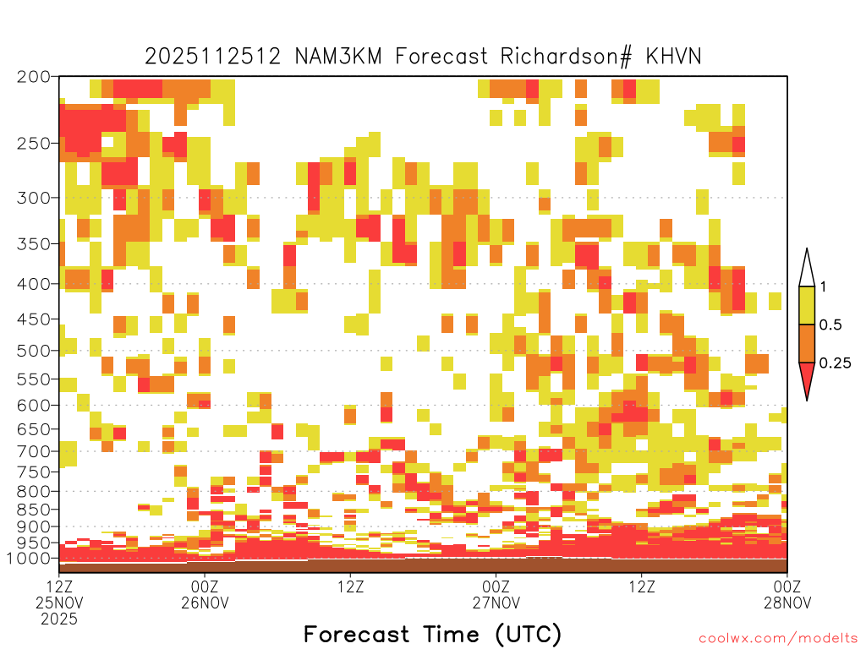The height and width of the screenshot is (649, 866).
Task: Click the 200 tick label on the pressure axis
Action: tap(34, 77)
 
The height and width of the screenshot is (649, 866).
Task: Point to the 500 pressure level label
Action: tap(34, 351)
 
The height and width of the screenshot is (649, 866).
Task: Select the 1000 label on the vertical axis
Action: tap(30, 559)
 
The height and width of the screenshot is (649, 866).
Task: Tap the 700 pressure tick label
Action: tap(34, 452)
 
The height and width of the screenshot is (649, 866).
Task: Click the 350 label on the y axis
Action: tap(34, 244)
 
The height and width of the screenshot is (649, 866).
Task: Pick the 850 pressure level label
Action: tap(34, 510)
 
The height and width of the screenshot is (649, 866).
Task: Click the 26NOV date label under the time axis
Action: tap(205, 602)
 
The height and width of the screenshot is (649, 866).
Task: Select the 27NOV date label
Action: tap(496, 602)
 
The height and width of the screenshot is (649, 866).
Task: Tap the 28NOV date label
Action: tap(787, 602)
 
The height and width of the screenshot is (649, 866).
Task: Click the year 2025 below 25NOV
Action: tap(59, 619)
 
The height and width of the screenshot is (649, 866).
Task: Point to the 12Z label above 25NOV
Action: tap(59, 586)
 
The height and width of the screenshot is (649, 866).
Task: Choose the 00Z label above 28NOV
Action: tap(787, 586)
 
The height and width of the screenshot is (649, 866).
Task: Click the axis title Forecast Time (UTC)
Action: tap(432, 634)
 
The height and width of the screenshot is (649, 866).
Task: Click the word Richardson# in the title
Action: tap(566, 57)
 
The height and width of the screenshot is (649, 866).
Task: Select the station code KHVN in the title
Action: tap(673, 57)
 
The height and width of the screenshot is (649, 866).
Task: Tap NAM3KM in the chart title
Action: tap(338, 57)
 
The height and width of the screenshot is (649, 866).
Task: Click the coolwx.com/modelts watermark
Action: tap(778, 639)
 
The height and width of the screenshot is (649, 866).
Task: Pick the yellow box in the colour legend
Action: tap(807, 305)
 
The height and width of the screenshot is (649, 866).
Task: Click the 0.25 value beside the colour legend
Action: tap(835, 363)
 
